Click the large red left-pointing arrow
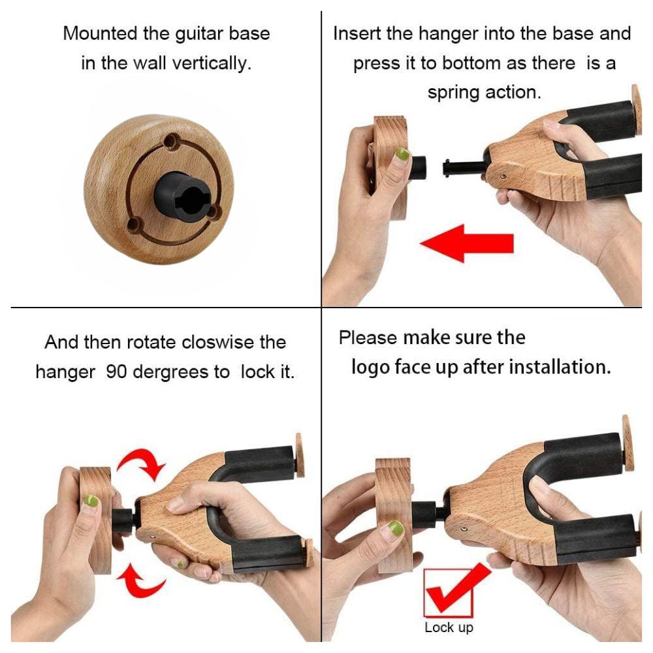pyautogui.click(x=466, y=243)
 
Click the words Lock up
pyautogui.click(x=449, y=627)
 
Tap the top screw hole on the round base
pyautogui.click(x=170, y=142)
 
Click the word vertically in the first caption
pyautogui.click(x=212, y=63)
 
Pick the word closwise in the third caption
pyautogui.click(x=218, y=342)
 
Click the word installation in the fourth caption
pyautogui.click(x=560, y=367)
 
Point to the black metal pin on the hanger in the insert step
pyautogui.click(x=463, y=168)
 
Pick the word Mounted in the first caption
pyautogui.click(x=101, y=33)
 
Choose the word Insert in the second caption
pyautogui.click(x=357, y=33)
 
